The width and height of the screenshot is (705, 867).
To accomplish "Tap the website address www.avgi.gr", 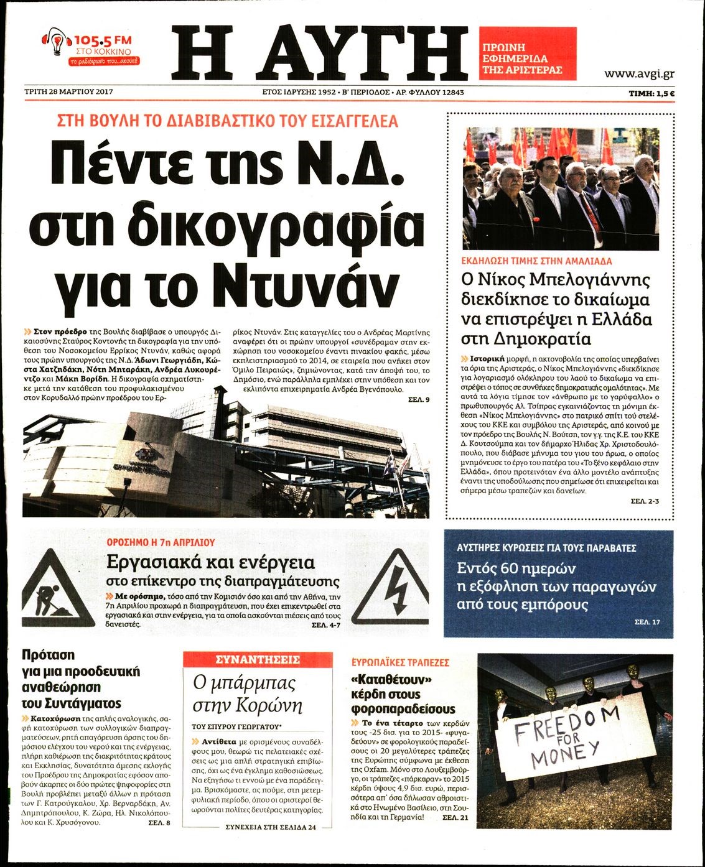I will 639,73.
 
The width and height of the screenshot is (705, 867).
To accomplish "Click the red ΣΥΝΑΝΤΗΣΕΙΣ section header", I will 257,660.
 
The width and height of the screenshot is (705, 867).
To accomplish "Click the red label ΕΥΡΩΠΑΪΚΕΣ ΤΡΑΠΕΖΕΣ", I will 400,663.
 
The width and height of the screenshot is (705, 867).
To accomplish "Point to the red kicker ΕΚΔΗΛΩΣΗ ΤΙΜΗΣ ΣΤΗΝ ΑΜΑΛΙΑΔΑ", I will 536,261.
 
